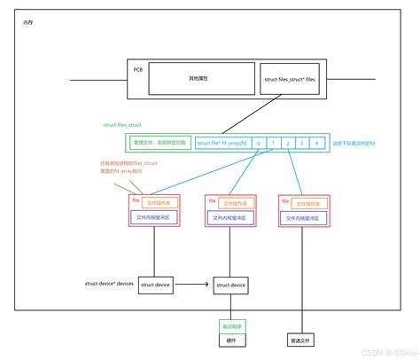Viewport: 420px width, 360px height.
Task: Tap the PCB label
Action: (x=138, y=68)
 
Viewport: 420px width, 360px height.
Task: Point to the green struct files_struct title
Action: (x=123, y=126)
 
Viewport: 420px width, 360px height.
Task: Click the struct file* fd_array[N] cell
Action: (x=222, y=142)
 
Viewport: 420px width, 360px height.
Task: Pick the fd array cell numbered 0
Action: (x=258, y=142)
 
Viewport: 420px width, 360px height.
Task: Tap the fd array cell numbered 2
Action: (x=288, y=142)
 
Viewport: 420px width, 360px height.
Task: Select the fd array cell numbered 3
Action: (x=302, y=142)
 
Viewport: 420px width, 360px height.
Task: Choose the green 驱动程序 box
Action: (x=230, y=326)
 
